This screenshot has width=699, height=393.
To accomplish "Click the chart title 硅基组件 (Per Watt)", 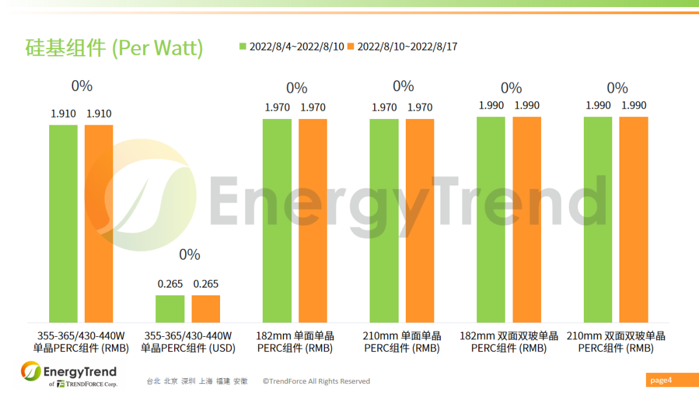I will (114, 48).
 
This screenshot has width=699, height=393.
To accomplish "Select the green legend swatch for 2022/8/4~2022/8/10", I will (243, 47).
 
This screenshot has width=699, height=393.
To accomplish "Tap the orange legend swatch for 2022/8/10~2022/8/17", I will (351, 47).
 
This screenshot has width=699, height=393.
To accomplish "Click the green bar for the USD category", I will (170, 309).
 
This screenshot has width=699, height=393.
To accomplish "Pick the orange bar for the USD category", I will (206, 309).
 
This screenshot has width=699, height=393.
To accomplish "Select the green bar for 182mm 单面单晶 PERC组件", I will (277, 220).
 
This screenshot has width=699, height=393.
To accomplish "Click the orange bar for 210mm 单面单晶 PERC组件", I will (420, 220).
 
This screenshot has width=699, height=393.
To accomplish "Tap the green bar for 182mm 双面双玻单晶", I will (491, 220).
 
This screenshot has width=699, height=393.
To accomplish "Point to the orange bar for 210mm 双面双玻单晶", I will (634, 220).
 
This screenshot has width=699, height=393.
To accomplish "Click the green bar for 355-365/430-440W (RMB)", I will (63, 224).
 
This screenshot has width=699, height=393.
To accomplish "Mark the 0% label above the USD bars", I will (190, 255).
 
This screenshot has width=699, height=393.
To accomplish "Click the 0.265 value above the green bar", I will (170, 284).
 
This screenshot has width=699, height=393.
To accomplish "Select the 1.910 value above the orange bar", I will (99, 114).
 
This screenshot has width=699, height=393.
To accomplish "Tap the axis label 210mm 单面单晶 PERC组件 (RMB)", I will (402, 342).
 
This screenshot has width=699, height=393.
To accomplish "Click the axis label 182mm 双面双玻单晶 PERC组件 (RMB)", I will (509, 342).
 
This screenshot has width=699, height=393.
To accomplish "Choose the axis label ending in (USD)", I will (188, 342).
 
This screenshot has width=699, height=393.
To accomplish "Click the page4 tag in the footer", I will (661, 380).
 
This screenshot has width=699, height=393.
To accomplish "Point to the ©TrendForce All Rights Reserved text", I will (316, 381).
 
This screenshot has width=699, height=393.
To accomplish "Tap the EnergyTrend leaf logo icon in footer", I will (30, 371).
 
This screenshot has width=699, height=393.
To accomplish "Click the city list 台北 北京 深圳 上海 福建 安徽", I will (197, 381).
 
